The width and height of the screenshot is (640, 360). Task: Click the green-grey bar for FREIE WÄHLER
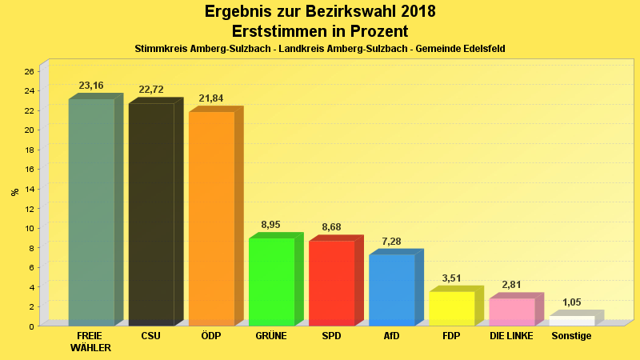point(91,212)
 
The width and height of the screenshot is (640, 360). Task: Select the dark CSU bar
point(151,214)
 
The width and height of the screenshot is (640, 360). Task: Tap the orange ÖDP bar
point(211,218)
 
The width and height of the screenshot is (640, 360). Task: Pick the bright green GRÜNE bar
point(271,282)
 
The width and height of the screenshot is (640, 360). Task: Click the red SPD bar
point(331,282)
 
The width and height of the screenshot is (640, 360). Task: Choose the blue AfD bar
point(391,290)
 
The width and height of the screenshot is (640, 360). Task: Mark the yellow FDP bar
point(451,308)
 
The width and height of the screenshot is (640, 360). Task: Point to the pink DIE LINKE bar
point(511,311)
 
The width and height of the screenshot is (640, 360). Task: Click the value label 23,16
point(91,86)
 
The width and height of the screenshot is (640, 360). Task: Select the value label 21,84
point(211,98)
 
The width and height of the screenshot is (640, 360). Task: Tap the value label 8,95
point(271,226)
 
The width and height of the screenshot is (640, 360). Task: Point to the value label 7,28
point(391,241)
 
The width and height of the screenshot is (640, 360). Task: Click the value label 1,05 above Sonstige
point(571,302)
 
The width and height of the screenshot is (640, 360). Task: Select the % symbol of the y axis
point(14,192)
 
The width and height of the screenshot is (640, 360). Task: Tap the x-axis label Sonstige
point(571,336)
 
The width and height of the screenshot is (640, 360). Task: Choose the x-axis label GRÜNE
point(271,336)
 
